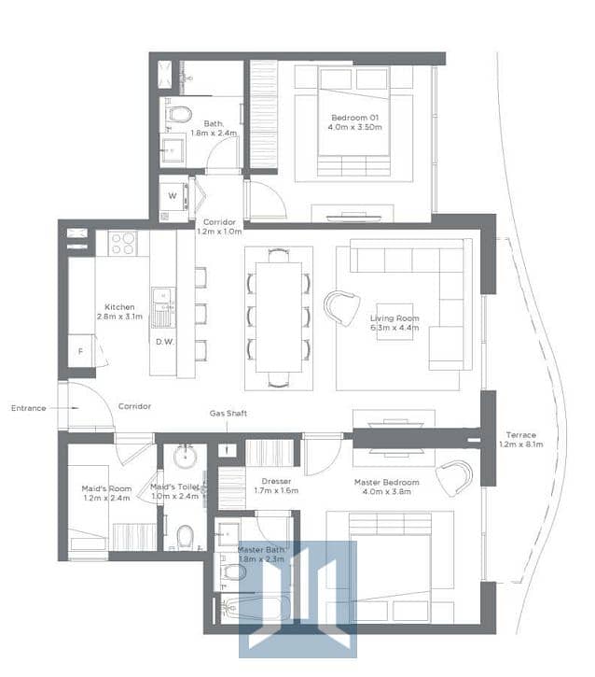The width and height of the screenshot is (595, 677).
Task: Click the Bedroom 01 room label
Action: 354,122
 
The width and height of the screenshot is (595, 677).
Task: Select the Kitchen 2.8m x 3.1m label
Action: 119,311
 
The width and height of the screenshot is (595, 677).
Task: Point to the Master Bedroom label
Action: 386,487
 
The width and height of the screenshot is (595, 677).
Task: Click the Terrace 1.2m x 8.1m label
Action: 520,439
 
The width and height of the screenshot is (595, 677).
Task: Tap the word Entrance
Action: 29,408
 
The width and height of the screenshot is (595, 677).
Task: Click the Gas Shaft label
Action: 228,413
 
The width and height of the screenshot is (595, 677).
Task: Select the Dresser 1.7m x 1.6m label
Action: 276,486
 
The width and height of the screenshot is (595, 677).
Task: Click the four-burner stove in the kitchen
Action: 122,243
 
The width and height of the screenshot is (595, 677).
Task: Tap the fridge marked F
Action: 80,350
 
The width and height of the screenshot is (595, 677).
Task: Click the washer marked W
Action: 173,196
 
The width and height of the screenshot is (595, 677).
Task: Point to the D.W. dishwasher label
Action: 165,342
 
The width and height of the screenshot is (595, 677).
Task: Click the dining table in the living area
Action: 279,317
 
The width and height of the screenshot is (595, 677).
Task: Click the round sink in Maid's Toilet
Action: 185,457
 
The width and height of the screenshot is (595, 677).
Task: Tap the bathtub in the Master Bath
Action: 256,609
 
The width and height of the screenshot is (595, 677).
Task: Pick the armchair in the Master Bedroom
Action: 454,478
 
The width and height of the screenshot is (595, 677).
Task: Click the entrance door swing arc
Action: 103,394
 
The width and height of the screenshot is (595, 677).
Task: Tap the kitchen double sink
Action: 163,307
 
